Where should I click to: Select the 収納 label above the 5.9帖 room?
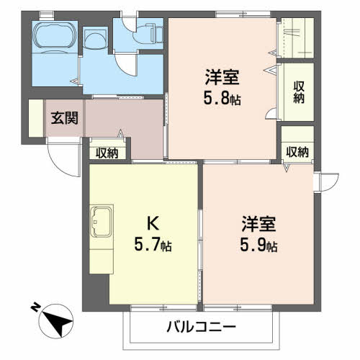[x=297, y=152]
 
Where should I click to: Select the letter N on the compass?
[x=36, y=307]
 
